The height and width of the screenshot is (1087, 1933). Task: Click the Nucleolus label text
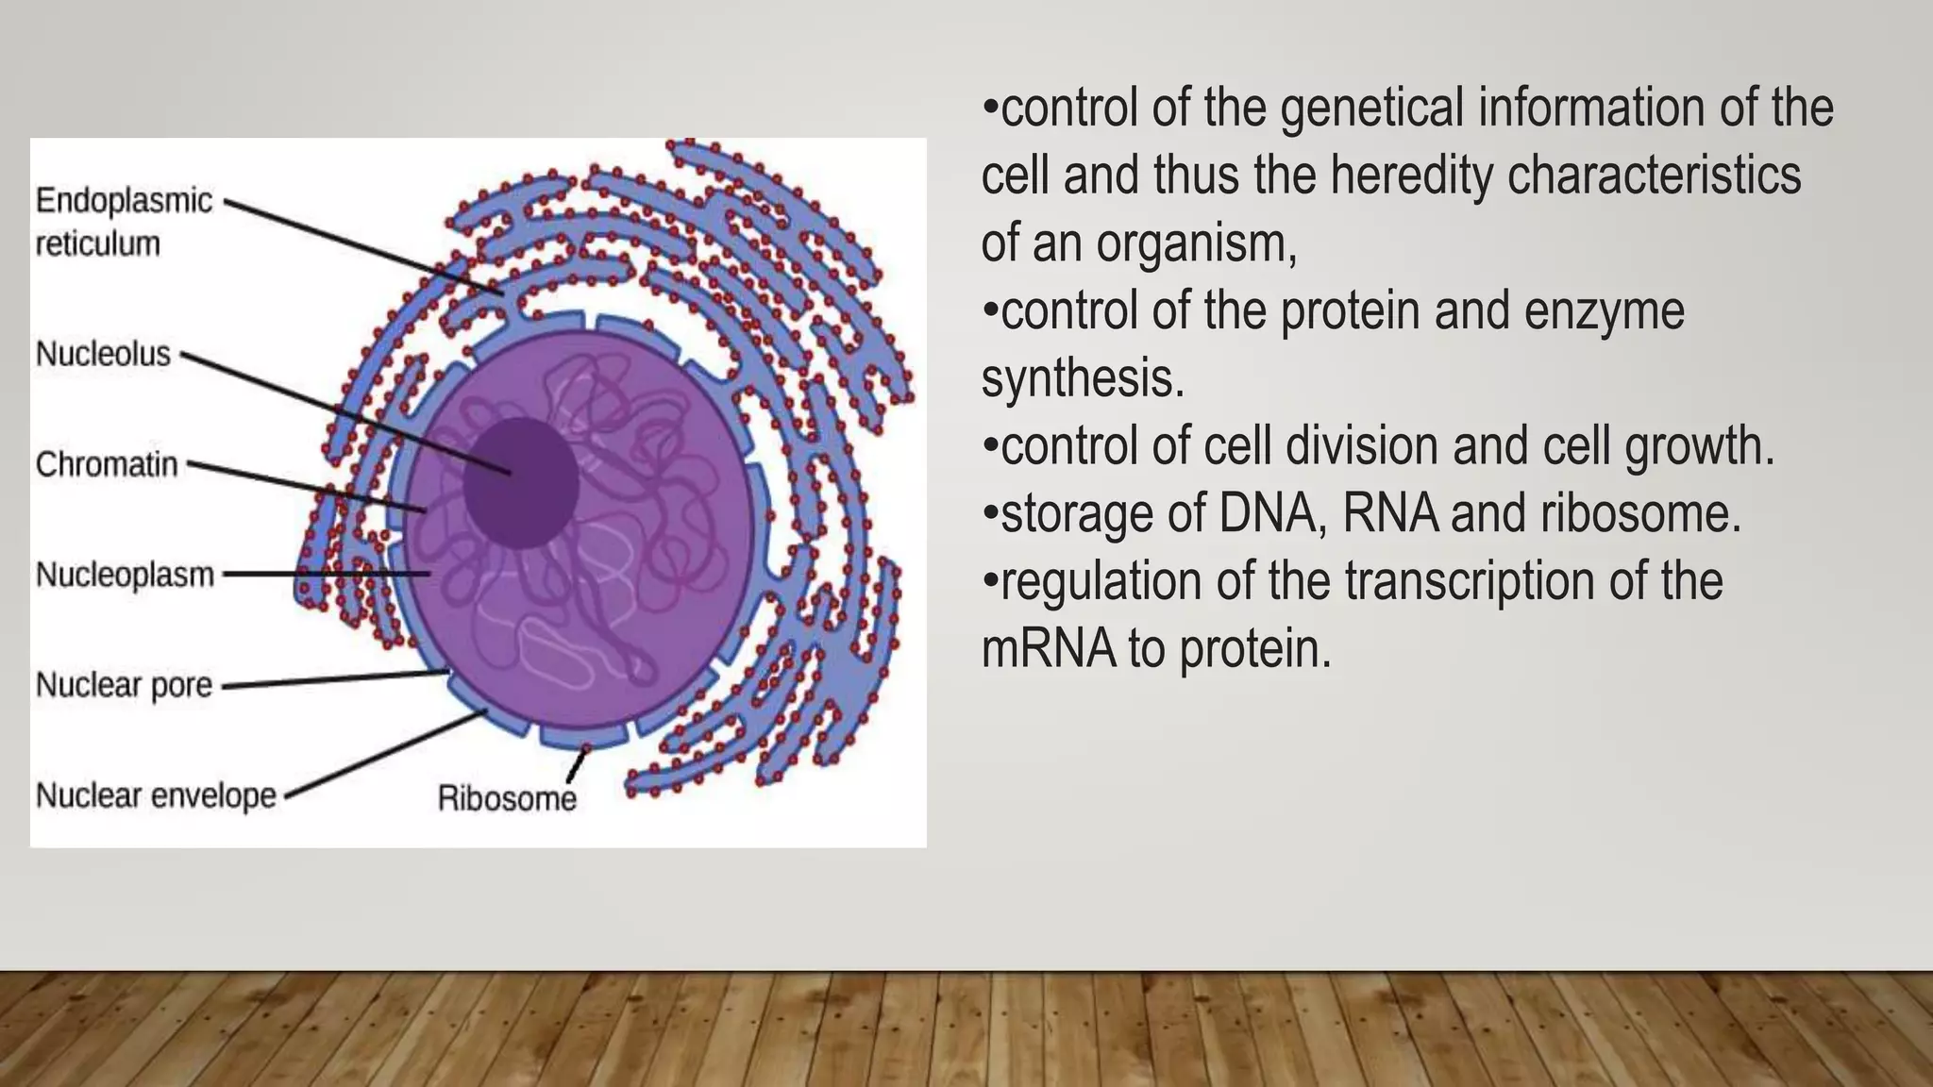(103, 354)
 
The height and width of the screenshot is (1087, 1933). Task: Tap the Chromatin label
(107, 464)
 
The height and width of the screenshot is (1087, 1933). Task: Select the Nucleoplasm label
(125, 575)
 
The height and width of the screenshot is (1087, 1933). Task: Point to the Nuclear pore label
(124, 685)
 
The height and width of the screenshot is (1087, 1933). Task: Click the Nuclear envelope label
(156, 795)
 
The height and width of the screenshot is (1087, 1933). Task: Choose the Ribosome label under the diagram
(507, 799)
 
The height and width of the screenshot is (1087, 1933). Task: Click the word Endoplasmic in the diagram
(124, 201)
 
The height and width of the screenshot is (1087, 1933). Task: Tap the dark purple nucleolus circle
(521, 483)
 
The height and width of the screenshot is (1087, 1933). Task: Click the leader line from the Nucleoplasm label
(321, 574)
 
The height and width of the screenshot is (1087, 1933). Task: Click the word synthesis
(1082, 379)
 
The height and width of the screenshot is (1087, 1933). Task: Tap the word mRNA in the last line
(1049, 649)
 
